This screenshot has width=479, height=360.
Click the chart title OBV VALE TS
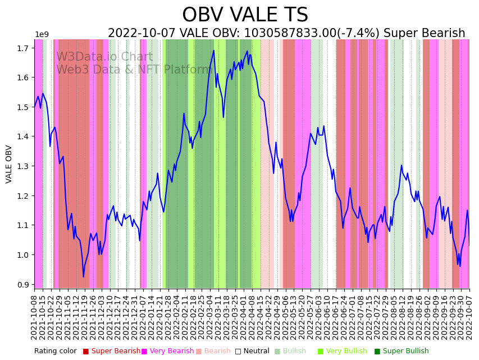tap(245, 15)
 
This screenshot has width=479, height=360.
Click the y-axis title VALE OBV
tap(9, 164)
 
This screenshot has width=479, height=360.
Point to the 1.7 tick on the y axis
tap(23, 48)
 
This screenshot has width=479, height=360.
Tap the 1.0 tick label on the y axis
tap(23, 255)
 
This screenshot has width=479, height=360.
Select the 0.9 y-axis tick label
tap(23, 285)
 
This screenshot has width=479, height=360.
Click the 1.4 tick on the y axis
tap(23, 137)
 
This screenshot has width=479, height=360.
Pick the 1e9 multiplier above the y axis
tap(42, 35)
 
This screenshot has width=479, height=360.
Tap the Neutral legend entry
tap(252, 351)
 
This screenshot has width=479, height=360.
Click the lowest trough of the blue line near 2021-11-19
tap(84, 277)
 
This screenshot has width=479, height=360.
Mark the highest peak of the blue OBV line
tap(214, 51)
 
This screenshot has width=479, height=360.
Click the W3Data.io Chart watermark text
tap(104, 57)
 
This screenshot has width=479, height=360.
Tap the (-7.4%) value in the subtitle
tap(353, 34)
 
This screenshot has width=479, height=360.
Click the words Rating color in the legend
tap(55, 351)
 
